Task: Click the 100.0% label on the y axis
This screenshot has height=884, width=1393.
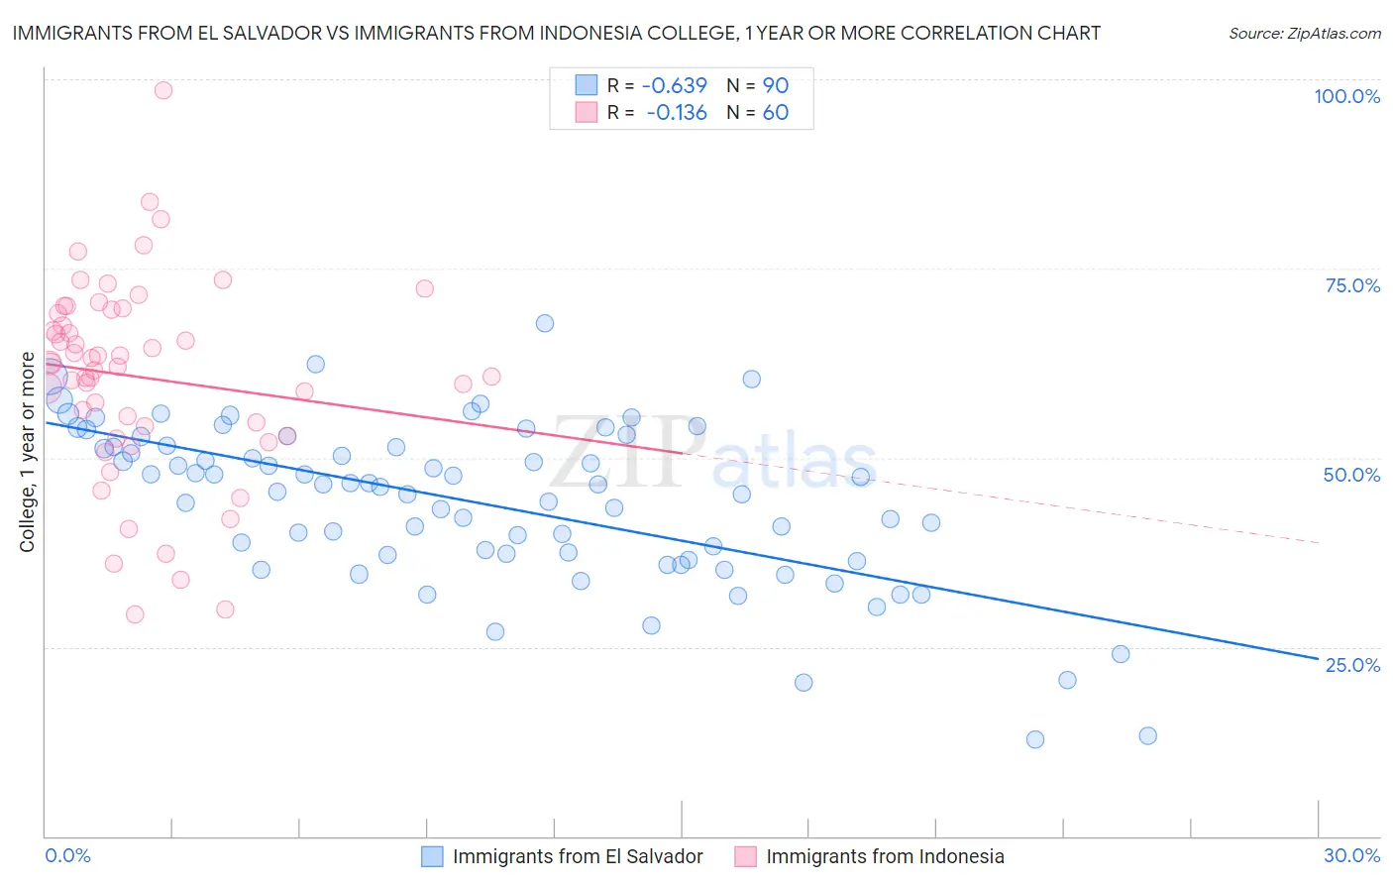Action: point(1346,96)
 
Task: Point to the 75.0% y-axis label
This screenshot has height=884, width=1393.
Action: point(1352,285)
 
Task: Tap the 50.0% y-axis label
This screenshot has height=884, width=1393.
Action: point(1351,475)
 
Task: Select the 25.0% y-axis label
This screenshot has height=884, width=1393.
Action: point(1352,665)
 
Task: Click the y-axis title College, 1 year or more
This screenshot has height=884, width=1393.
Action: point(28,452)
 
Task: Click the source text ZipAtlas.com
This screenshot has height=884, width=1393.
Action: point(1304,34)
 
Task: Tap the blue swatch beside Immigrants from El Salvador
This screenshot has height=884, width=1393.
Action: point(432,856)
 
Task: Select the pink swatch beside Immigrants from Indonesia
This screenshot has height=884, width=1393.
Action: point(745,856)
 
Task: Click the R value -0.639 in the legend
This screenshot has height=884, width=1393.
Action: point(674,86)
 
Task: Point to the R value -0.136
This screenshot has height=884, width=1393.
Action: point(676,113)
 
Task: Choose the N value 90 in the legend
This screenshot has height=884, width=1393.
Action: point(775,86)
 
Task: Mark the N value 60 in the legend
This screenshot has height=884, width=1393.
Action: point(775,113)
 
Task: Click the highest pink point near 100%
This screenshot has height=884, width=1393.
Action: point(163,90)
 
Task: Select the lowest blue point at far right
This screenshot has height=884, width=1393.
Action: point(1035,739)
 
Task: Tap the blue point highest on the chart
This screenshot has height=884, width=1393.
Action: point(545,323)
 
